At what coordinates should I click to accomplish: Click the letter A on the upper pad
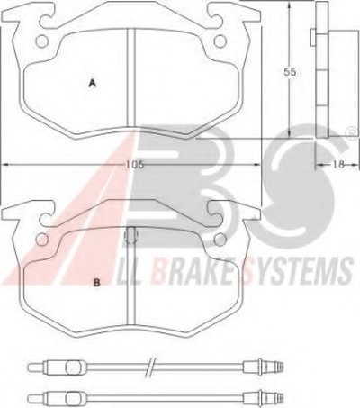[x=93, y=83]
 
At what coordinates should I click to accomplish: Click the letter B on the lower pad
[x=96, y=282]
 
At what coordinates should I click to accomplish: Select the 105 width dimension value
[x=135, y=164]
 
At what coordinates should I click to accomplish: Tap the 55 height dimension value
[x=291, y=72]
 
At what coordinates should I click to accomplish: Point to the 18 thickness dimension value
[x=337, y=164]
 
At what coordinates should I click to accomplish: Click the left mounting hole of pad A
[x=41, y=41]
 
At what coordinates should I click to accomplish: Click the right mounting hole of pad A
[x=220, y=41]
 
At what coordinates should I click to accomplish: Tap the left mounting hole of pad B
[x=42, y=239]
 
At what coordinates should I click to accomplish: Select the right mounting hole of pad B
[x=220, y=240]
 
